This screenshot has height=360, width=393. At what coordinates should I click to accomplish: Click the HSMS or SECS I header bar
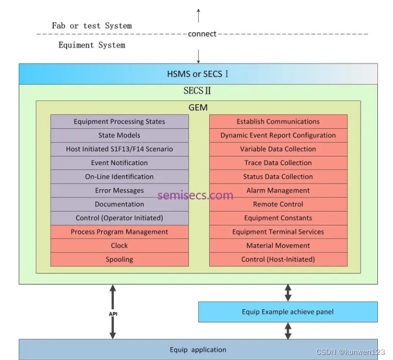(x=198, y=74)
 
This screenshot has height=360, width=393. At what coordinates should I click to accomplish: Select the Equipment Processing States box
(x=119, y=122)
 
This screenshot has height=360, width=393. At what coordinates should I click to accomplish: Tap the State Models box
(x=119, y=135)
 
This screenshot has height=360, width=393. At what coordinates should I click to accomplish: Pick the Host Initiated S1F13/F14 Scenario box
(x=119, y=149)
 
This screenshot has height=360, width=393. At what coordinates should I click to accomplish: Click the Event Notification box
(x=119, y=163)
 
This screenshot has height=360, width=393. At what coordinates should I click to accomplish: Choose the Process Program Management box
(x=119, y=232)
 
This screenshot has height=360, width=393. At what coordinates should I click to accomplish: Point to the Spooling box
(x=119, y=260)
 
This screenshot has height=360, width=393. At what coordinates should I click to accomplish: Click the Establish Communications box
(x=278, y=122)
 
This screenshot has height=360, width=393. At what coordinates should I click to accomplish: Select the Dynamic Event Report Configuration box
(x=278, y=135)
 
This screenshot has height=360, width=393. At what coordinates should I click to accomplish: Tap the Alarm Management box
(x=278, y=190)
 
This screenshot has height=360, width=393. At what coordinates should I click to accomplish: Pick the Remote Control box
(x=278, y=204)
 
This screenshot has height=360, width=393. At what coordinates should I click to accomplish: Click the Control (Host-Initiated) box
(x=278, y=260)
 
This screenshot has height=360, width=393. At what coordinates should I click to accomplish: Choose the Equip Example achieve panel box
(x=288, y=312)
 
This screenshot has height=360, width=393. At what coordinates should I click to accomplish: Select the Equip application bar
(x=198, y=350)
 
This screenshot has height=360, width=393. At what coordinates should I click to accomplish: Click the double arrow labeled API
(x=112, y=312)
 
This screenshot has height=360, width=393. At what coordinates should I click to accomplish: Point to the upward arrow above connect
(x=198, y=16)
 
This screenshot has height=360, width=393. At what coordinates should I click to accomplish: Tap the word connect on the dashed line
(x=202, y=34)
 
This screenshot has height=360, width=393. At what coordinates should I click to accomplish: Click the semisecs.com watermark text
(x=195, y=196)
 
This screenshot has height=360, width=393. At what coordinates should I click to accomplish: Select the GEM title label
(x=198, y=108)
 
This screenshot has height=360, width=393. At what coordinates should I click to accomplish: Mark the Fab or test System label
(x=92, y=25)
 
